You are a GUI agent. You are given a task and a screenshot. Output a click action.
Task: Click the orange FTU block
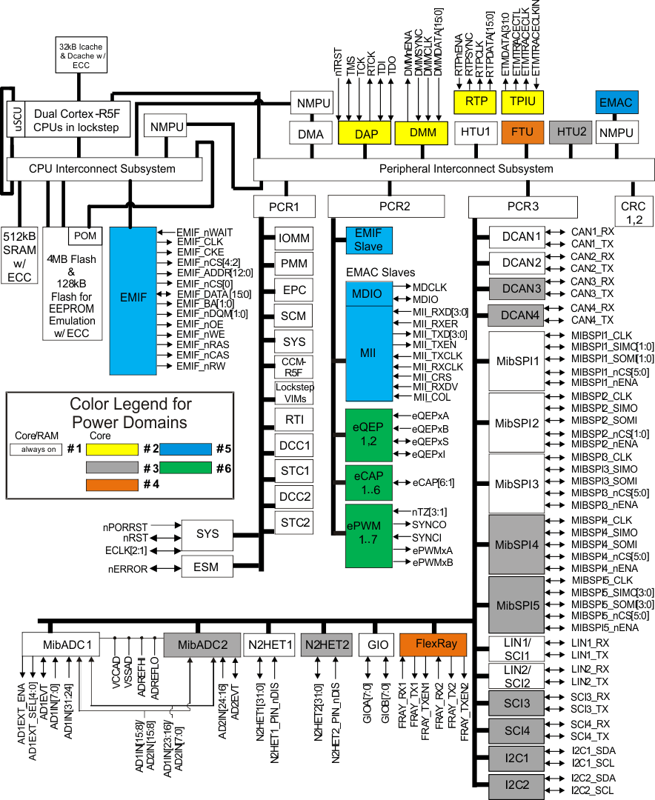tap(522, 132)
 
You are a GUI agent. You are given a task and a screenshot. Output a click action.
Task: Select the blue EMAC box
tap(616, 102)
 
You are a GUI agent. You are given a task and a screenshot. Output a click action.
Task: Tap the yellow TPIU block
tap(522, 102)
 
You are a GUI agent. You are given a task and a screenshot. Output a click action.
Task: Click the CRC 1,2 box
tap(633, 213)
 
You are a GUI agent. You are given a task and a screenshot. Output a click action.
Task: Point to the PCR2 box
tap(386, 206)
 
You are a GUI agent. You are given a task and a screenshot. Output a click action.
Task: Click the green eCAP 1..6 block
tap(368, 483)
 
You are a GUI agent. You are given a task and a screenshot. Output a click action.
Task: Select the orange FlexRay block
tap(433, 644)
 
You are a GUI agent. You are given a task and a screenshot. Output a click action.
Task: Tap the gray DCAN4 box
tap(516, 316)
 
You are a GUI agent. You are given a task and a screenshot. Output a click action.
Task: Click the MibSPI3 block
tap(516, 484)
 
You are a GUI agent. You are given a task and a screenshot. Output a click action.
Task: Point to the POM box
tap(85, 236)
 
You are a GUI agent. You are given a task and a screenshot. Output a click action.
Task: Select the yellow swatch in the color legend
tap(112, 450)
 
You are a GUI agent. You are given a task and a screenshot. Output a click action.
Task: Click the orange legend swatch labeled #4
tap(112, 484)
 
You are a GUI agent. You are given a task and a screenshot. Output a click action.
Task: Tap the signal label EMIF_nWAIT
tap(205, 233)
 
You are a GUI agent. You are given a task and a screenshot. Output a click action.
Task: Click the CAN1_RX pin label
tap(592, 232)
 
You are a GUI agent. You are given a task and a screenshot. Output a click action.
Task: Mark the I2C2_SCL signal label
tap(592, 791)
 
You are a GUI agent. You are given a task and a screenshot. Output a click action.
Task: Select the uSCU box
tap(16, 119)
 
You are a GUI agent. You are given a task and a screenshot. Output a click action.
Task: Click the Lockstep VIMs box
tap(294, 393)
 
